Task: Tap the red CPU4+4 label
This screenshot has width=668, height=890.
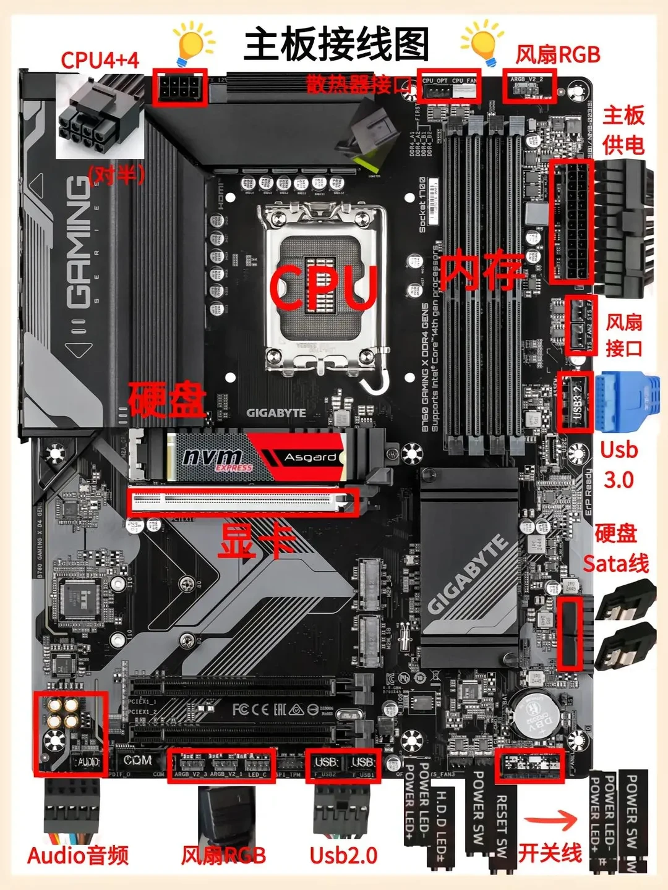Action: [x=100, y=60]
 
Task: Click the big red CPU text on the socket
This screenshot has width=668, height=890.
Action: [x=323, y=287]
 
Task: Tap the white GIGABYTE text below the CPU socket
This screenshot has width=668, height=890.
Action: [x=276, y=413]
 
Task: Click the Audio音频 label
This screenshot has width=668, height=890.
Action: [x=78, y=855]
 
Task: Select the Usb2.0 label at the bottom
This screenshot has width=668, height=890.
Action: [x=343, y=855]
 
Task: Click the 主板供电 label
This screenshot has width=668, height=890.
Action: [x=623, y=130]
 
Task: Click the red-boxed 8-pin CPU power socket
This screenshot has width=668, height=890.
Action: [x=179, y=87]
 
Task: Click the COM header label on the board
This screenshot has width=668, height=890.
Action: [x=137, y=761]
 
